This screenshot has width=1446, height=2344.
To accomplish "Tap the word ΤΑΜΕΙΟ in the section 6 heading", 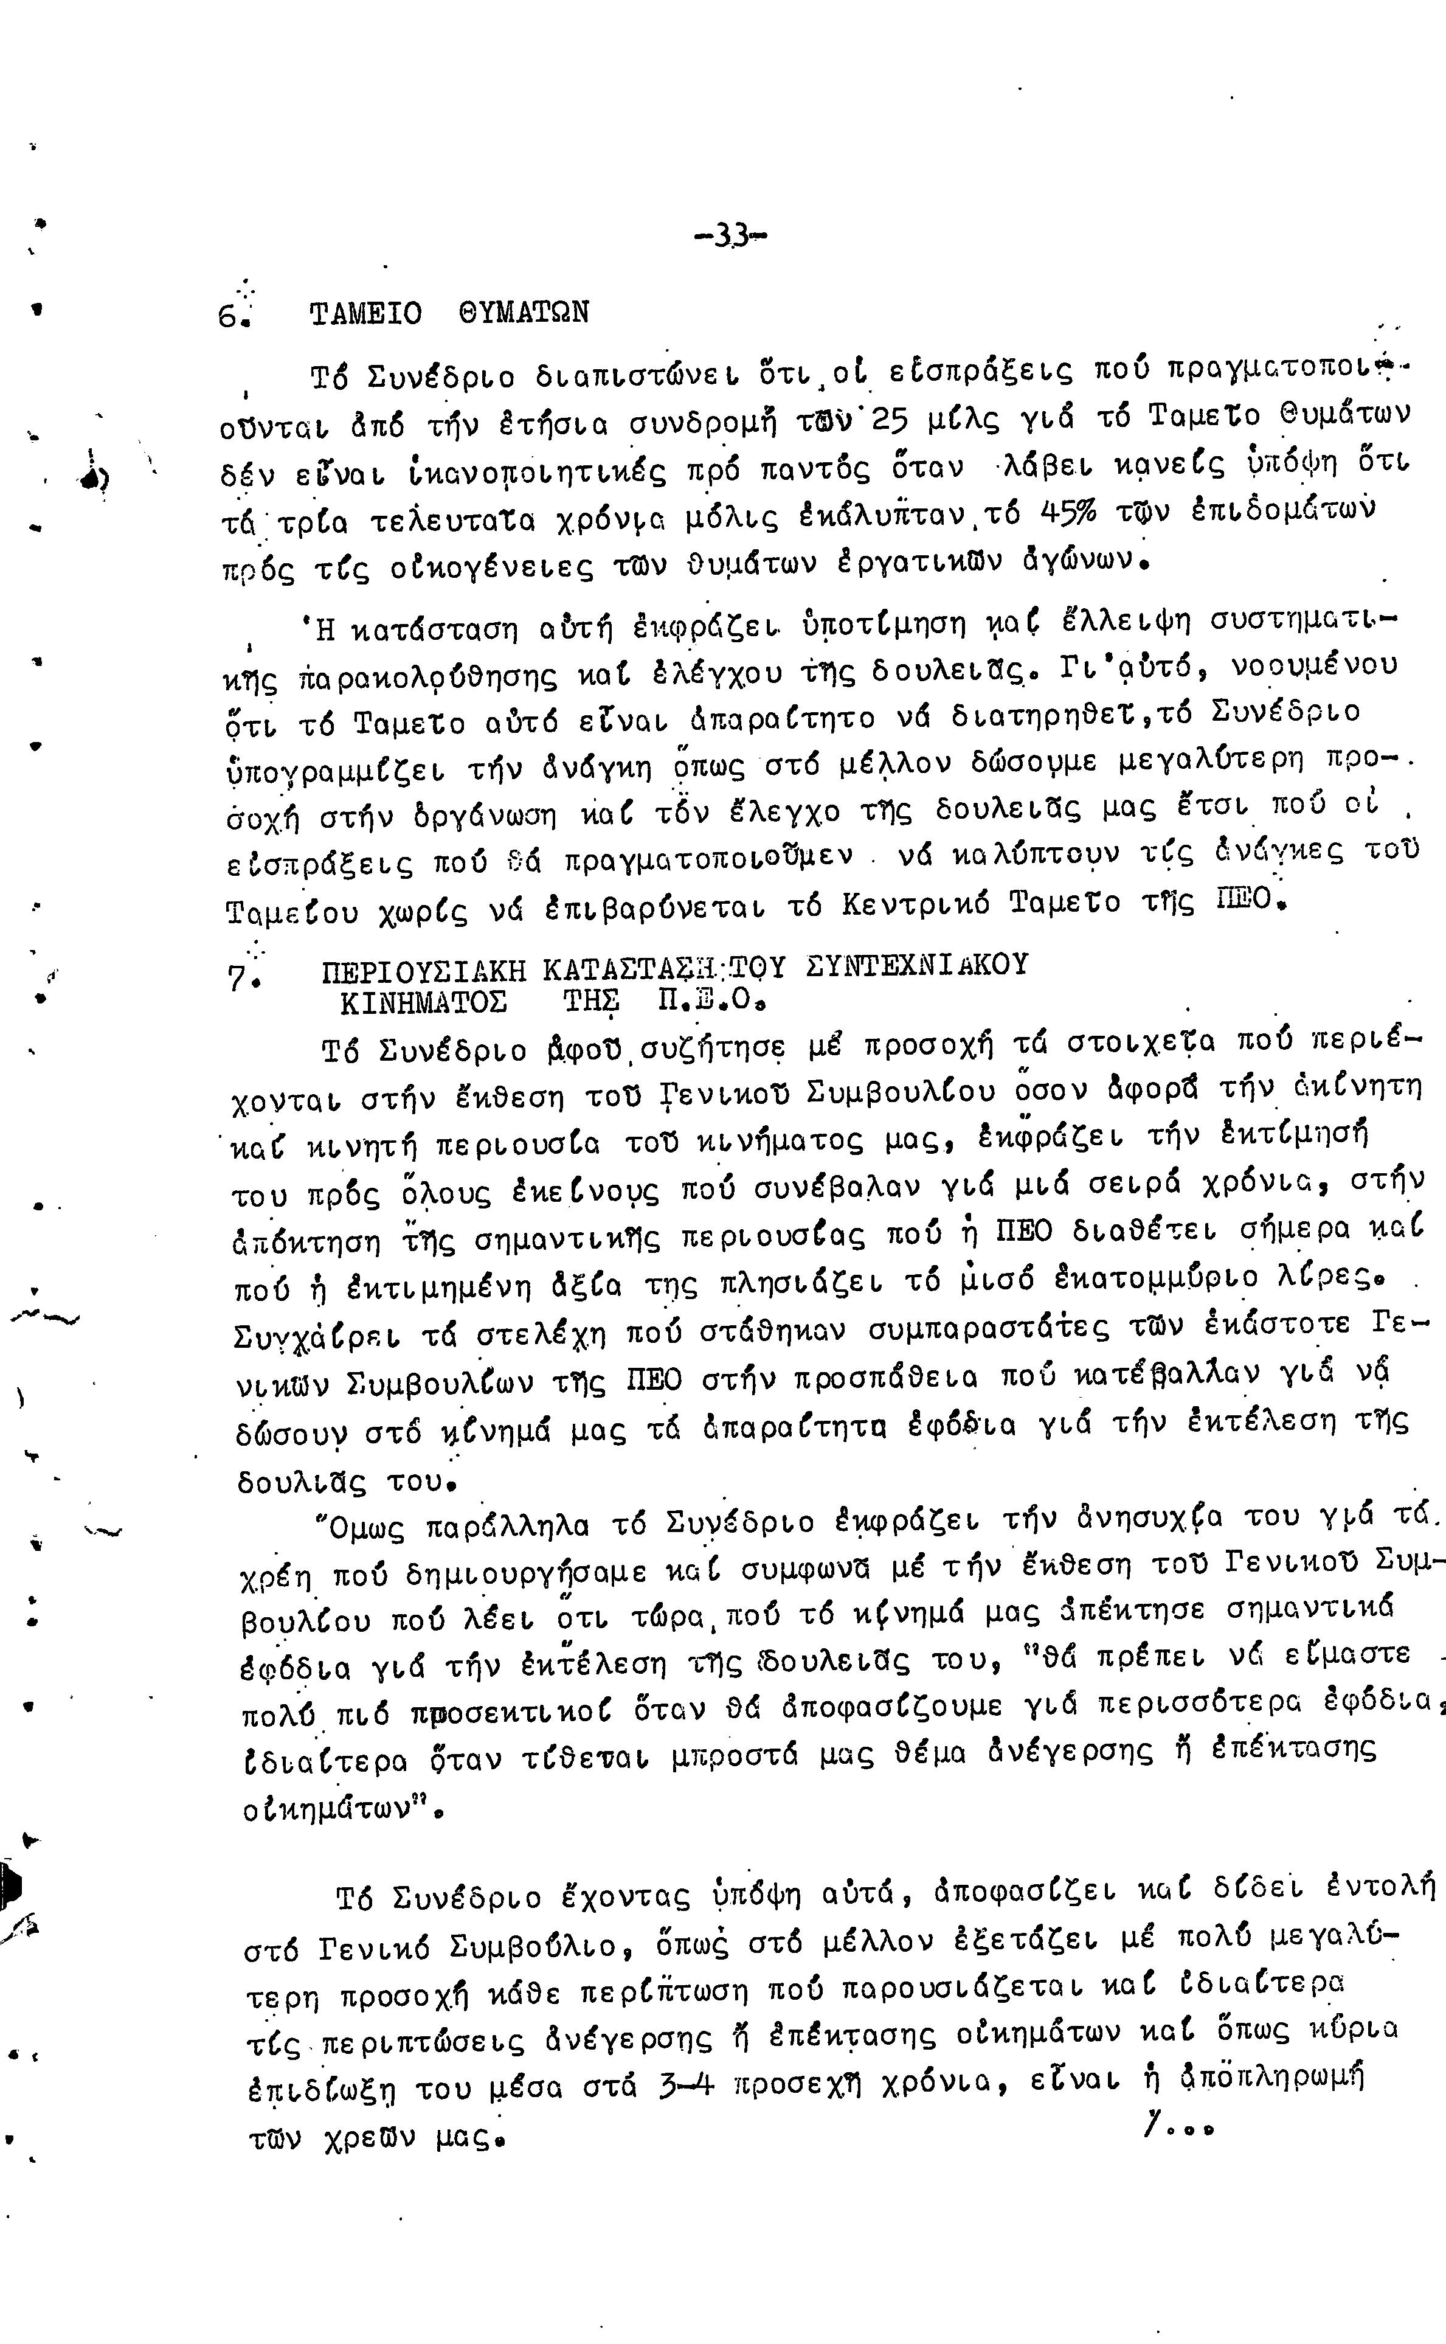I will click(365, 314).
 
